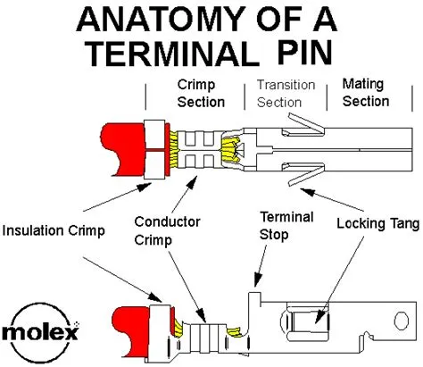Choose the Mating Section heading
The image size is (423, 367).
pyautogui.click(x=366, y=92)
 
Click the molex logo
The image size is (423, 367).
pyautogui.click(x=39, y=333)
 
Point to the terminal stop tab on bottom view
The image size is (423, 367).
pyautogui.click(x=254, y=296)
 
